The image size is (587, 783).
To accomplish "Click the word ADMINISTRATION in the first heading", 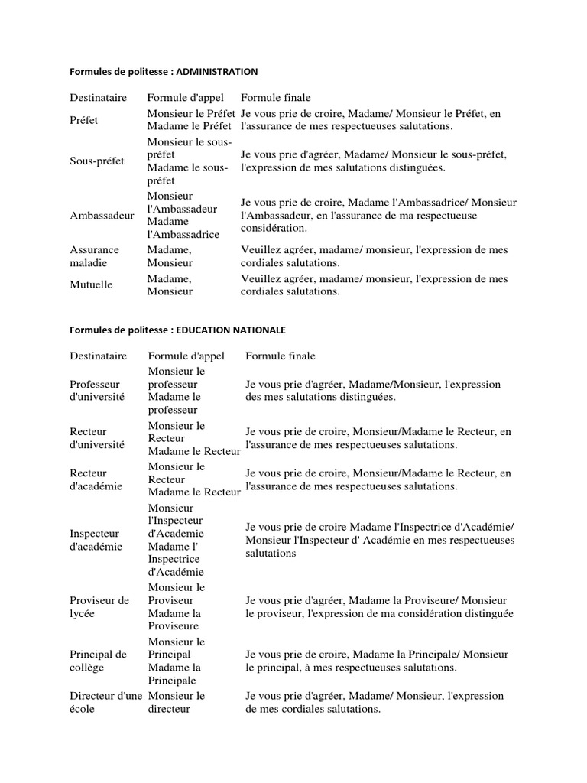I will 217,71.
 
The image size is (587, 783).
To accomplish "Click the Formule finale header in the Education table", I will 280,356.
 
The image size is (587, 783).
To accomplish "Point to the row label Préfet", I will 84,120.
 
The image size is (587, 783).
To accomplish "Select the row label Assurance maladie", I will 95,256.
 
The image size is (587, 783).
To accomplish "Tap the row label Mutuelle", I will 91,284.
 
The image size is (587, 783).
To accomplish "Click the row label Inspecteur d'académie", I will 96,540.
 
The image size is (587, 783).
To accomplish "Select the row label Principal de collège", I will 98,661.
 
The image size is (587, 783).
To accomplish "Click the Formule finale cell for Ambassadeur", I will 378,215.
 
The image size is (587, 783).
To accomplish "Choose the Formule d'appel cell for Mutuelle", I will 170,284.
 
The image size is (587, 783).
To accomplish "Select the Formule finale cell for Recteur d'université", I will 378,438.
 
